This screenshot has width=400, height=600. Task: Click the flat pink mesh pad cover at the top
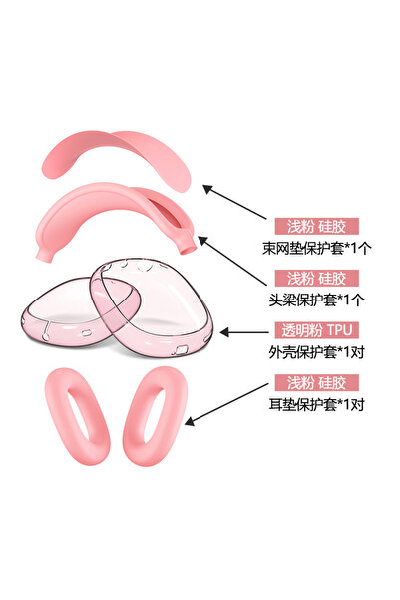[115, 153]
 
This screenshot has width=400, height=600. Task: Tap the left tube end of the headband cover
[44, 256]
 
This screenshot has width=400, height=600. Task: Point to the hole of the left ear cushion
[79, 416]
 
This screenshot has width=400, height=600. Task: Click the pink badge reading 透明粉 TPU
[316, 330]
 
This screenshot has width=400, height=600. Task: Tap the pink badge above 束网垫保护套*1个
[316, 227]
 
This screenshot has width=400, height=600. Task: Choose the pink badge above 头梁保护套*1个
[316, 279]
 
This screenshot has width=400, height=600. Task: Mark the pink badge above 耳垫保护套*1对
[316, 382]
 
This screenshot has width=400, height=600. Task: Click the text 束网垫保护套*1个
[317, 248]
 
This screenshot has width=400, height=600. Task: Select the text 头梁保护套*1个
[317, 300]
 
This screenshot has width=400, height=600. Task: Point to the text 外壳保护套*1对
[317, 352]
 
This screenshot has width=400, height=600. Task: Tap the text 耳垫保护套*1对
[317, 404]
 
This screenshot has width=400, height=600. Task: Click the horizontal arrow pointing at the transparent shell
[244, 332]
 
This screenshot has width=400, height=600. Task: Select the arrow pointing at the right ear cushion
[226, 404]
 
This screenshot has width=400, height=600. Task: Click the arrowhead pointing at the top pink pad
[207, 189]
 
